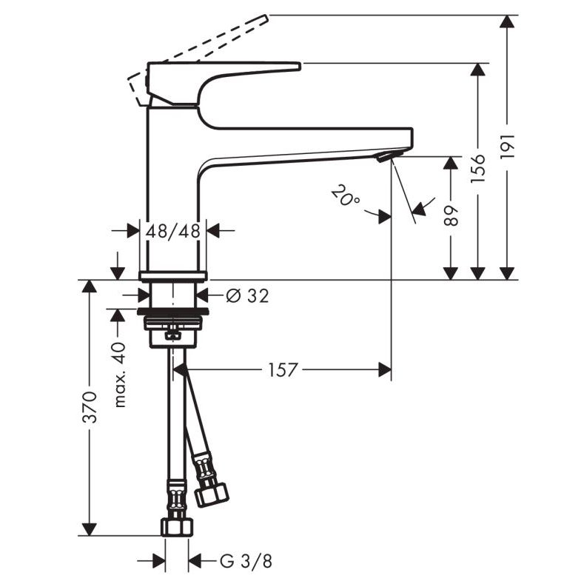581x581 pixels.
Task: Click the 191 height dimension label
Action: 508,146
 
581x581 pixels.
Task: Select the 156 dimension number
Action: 478,169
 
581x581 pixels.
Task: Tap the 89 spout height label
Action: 451,215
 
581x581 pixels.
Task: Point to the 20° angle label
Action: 345,195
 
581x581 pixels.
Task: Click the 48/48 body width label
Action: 172,231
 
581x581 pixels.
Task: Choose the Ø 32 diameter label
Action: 247,296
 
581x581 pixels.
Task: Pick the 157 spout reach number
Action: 282,370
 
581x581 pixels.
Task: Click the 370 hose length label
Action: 90,406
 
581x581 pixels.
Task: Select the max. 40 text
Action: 120,375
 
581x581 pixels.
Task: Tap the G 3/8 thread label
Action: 246,561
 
